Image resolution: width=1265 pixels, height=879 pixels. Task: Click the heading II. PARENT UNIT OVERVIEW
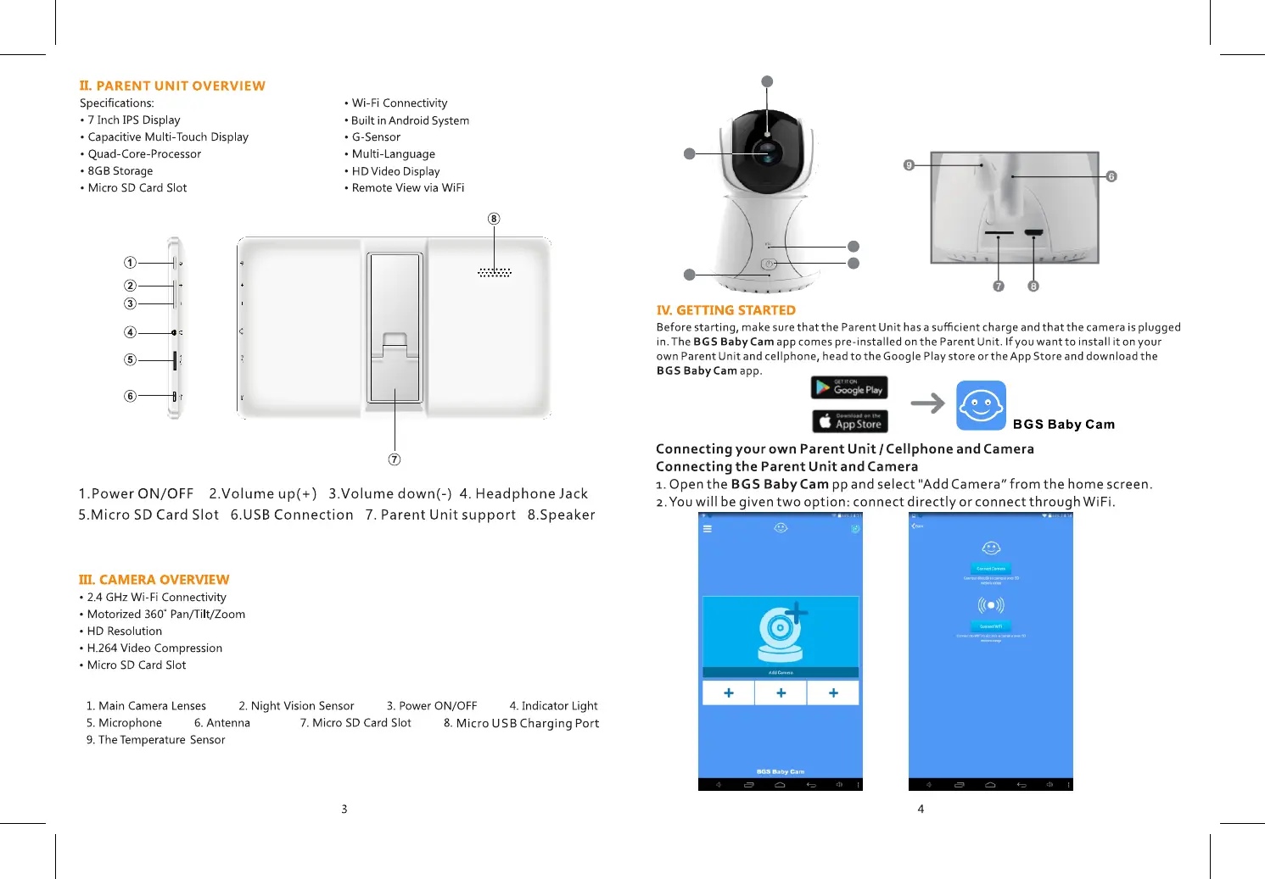tap(172, 86)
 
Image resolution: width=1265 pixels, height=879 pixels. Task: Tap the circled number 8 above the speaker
tap(494, 219)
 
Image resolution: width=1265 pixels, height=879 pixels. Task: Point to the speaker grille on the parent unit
tap(495, 272)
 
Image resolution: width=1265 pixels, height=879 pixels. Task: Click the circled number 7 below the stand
tap(395, 459)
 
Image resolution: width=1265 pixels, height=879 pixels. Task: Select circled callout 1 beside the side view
tap(130, 263)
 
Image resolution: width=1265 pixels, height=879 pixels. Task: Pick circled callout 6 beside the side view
tap(130, 396)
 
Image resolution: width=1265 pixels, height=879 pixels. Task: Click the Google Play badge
tap(849, 388)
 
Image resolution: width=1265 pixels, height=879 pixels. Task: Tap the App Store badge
tap(849, 421)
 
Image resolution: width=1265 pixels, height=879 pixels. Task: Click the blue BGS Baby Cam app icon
tap(981, 405)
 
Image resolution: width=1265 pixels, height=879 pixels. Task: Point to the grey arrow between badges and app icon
tap(927, 403)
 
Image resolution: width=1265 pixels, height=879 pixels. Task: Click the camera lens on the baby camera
tap(768, 153)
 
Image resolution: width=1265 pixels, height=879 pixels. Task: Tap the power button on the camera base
tap(769, 264)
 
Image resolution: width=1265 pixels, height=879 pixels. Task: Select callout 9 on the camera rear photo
tap(909, 165)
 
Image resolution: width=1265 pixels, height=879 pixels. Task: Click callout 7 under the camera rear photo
tap(999, 287)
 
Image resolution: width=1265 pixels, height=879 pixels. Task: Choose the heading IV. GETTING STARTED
tap(725, 310)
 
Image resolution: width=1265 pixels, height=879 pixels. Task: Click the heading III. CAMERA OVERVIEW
tap(154, 580)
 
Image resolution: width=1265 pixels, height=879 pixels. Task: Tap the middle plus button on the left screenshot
tap(781, 693)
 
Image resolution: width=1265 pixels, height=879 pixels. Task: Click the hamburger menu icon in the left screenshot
tap(708, 528)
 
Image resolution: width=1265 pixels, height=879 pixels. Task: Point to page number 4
tap(921, 809)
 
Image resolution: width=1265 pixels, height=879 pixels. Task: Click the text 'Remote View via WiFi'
tap(408, 188)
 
